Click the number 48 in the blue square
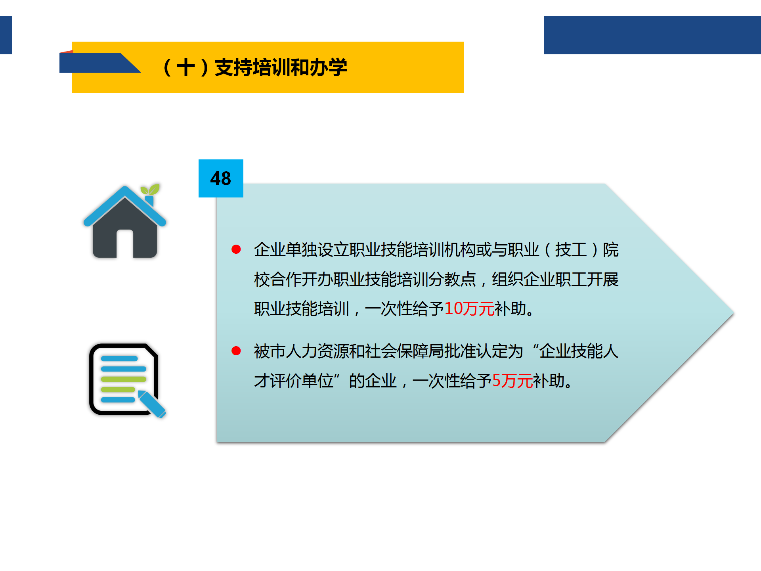[221, 178]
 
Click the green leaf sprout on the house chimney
[151, 189]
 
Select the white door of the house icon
[125, 243]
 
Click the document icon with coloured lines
[124, 379]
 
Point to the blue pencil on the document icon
[152, 404]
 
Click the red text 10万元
[469, 309]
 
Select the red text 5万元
[512, 381]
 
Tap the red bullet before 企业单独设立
[236, 249]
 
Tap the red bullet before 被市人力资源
[236, 351]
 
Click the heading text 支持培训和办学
[281, 67]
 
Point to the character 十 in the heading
[186, 67]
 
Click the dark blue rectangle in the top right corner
[652, 35]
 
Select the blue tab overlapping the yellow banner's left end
[95, 63]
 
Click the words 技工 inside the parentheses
[571, 250]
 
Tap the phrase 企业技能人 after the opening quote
[579, 351]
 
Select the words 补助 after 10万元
[511, 309]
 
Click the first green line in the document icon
[124, 379]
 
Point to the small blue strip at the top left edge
[6, 35]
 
